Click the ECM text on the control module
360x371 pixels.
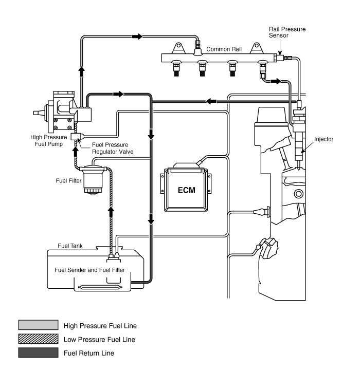click(x=186, y=190)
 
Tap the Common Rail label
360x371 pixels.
click(x=224, y=49)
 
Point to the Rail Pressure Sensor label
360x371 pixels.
click(x=287, y=32)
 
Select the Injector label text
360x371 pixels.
click(x=323, y=139)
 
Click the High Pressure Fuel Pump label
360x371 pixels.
click(x=48, y=141)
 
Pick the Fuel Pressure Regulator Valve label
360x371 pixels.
click(x=113, y=148)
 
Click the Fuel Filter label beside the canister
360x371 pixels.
click(x=68, y=181)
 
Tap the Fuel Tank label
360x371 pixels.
click(x=70, y=246)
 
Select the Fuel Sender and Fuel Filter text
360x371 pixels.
click(x=89, y=270)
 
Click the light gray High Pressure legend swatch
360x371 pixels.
click(x=38, y=325)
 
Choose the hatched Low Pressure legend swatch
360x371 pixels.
click(x=38, y=339)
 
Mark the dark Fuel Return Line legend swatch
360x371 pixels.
click(x=38, y=353)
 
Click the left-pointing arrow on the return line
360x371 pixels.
click(x=211, y=101)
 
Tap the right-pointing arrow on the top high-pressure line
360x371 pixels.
click(x=137, y=36)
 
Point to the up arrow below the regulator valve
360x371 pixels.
click(x=76, y=152)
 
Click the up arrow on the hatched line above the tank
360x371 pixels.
click(x=111, y=212)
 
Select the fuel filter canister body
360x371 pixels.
click(x=93, y=180)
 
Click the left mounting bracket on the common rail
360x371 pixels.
click(x=178, y=48)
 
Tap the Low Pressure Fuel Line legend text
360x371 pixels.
click(x=99, y=340)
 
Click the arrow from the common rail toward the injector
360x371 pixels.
click(x=276, y=81)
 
